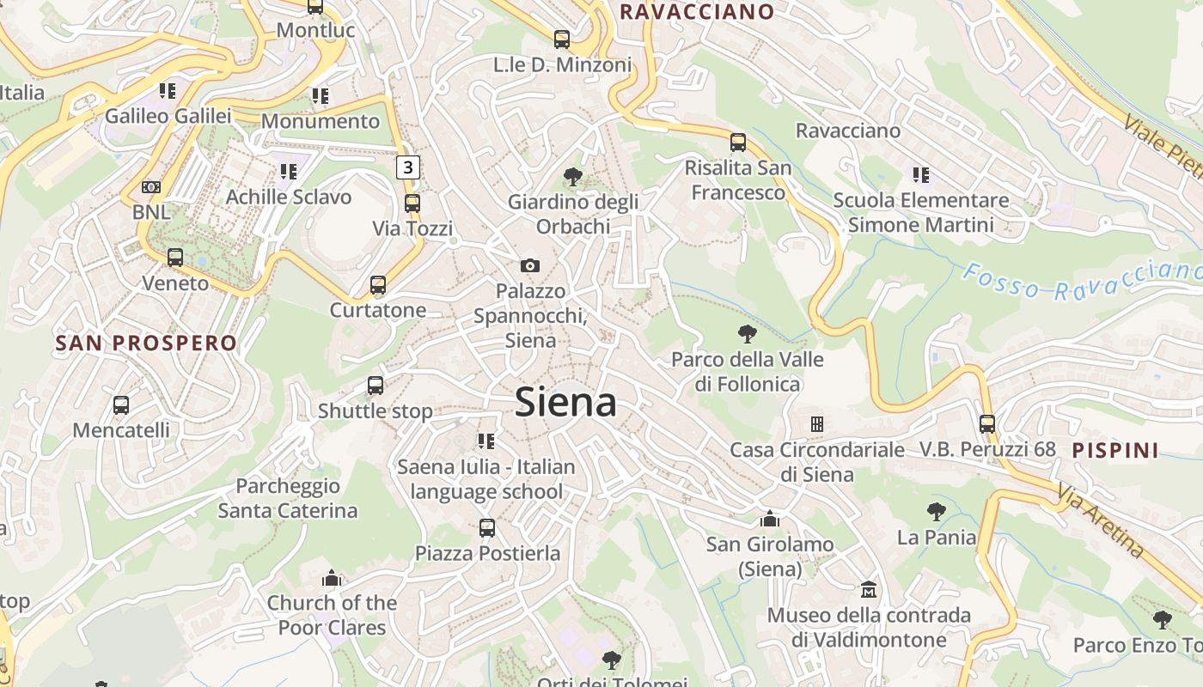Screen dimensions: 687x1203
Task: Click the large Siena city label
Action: (565, 403)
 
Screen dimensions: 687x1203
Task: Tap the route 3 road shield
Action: (408, 167)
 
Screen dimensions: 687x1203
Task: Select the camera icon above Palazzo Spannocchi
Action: (530, 265)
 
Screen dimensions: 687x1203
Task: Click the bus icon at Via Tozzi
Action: (412, 204)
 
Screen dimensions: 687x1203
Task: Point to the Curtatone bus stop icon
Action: (377, 285)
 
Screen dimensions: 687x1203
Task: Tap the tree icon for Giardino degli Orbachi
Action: (572, 177)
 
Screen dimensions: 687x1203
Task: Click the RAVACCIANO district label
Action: (697, 11)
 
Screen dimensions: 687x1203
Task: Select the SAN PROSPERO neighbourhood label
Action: (146, 343)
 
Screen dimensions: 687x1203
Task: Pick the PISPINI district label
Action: (1115, 450)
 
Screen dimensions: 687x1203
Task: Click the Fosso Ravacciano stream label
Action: (1081, 282)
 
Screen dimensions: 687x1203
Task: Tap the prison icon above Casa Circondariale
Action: (816, 423)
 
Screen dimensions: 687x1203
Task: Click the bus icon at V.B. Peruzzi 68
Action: (987, 423)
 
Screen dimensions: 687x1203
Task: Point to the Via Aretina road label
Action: (1101, 520)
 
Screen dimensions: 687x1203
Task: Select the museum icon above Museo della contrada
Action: (869, 590)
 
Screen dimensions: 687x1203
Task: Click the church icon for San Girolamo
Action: (770, 519)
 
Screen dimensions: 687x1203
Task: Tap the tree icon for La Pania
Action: (937, 512)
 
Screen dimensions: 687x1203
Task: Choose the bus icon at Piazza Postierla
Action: (487, 527)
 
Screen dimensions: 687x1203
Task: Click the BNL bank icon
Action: (151, 186)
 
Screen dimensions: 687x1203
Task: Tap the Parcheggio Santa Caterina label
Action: (287, 498)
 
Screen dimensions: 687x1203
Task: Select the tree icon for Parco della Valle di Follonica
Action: (748, 333)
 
